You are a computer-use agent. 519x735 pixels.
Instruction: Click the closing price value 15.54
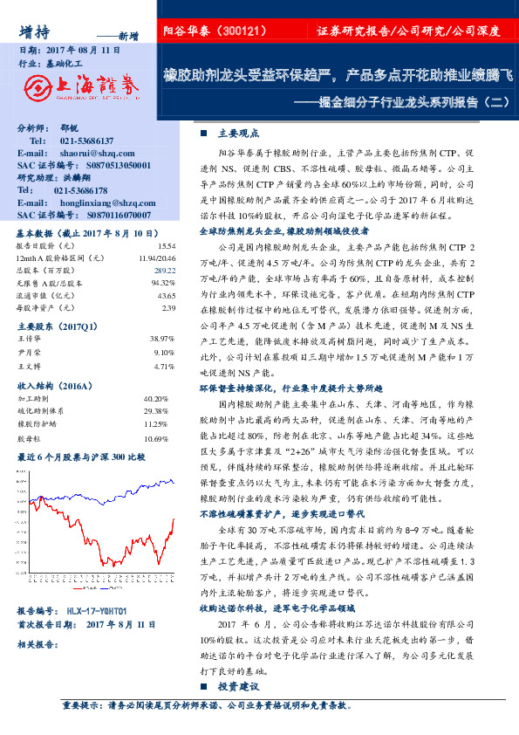(x=167, y=247)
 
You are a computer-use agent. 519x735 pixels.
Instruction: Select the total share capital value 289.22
(x=165, y=271)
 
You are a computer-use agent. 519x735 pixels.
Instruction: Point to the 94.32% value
(x=164, y=284)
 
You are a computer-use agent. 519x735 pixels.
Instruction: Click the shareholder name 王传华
(x=31, y=337)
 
